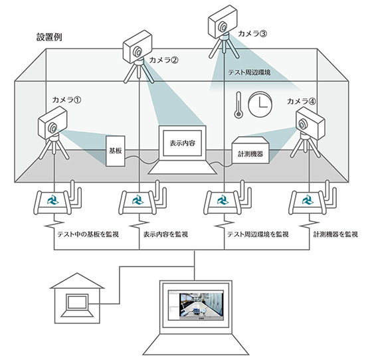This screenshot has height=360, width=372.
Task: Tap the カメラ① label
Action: coord(66,100)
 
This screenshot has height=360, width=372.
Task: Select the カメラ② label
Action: coord(164,60)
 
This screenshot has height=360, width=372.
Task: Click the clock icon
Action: coord(258,104)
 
